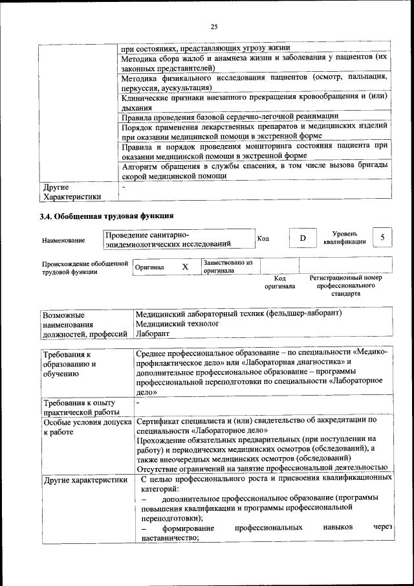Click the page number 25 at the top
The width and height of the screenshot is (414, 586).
click(214, 26)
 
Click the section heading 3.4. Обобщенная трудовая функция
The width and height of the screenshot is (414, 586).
click(107, 216)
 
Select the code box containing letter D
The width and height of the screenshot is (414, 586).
click(302, 238)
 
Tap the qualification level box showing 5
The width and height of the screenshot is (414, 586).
click(383, 238)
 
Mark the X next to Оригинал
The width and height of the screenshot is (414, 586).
click(185, 267)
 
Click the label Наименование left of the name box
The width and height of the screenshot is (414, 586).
click(63, 241)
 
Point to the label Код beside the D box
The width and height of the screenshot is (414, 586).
click(263, 238)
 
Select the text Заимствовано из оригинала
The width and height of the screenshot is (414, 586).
click(227, 267)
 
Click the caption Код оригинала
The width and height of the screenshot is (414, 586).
click(280, 282)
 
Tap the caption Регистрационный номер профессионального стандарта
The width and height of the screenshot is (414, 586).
click(345, 286)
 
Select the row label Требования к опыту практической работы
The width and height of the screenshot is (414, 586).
click(80, 408)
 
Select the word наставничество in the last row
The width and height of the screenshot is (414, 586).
click(169, 537)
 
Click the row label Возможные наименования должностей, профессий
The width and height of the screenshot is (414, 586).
click(83, 324)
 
